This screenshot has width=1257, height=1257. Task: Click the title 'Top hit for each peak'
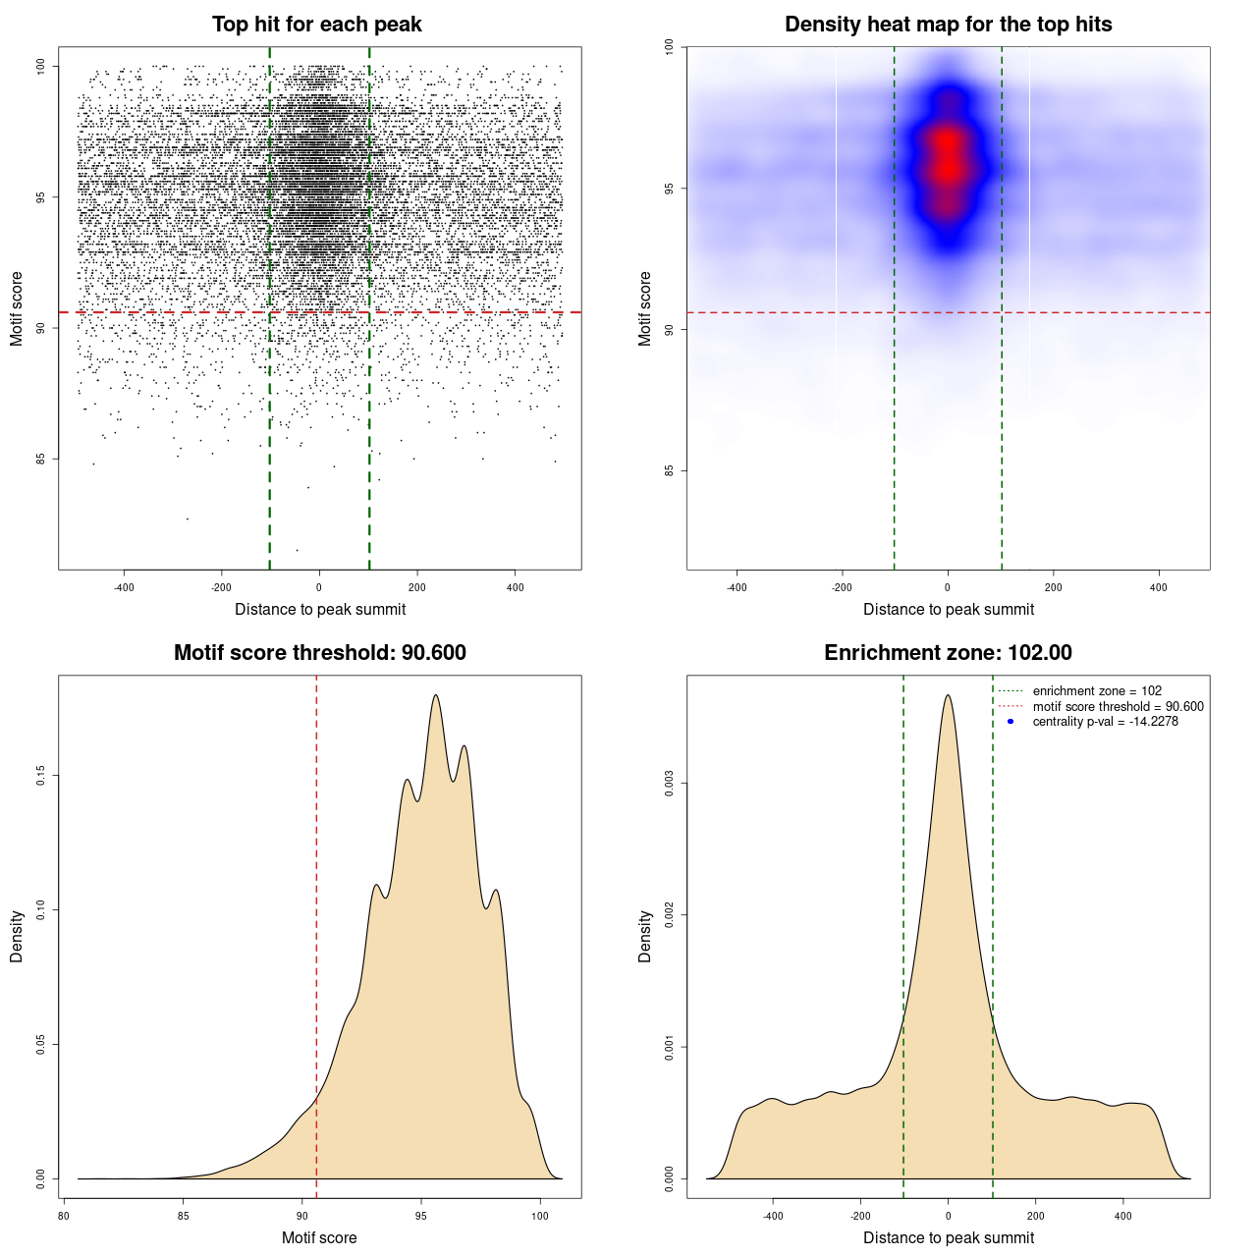tap(316, 25)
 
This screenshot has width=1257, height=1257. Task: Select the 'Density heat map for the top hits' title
tap(948, 25)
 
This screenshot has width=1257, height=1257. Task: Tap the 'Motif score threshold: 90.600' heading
tap(319, 653)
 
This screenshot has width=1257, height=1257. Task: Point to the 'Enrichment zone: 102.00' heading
tap(948, 653)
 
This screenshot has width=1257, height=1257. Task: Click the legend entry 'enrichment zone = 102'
tap(1097, 691)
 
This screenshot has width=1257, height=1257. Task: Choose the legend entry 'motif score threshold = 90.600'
tap(1118, 707)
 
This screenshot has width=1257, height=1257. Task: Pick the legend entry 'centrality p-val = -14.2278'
tap(1105, 722)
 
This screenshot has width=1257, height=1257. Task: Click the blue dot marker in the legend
tap(1011, 722)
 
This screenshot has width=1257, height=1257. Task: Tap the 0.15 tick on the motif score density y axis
tap(40, 776)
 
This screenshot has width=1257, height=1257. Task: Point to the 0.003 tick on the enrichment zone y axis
tap(669, 784)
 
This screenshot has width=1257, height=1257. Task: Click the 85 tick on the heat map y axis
tap(669, 470)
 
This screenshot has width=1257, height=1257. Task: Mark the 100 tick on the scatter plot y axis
tap(40, 66)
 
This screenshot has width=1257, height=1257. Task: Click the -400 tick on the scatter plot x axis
tap(124, 588)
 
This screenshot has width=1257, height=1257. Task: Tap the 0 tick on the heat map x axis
tap(948, 588)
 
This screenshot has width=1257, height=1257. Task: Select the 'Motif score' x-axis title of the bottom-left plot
tap(319, 1238)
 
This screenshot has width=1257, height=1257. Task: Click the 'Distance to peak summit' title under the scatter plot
tap(320, 610)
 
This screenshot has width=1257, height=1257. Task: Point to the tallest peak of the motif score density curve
tap(435, 696)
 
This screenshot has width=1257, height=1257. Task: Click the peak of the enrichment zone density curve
tap(948, 696)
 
